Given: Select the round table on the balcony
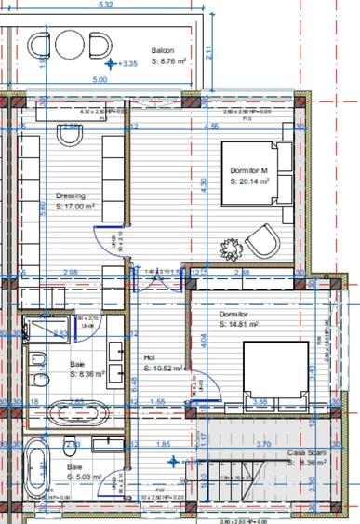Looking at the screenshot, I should coord(70,45).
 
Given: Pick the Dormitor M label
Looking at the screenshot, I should coord(250,171).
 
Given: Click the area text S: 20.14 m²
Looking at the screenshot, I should coord(250,182).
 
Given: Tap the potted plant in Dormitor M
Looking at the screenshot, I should coord(231,248).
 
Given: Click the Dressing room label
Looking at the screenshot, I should coord(71,196).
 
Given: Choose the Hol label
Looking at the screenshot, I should coord(149,357).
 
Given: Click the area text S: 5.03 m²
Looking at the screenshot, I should coord(86,480).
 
